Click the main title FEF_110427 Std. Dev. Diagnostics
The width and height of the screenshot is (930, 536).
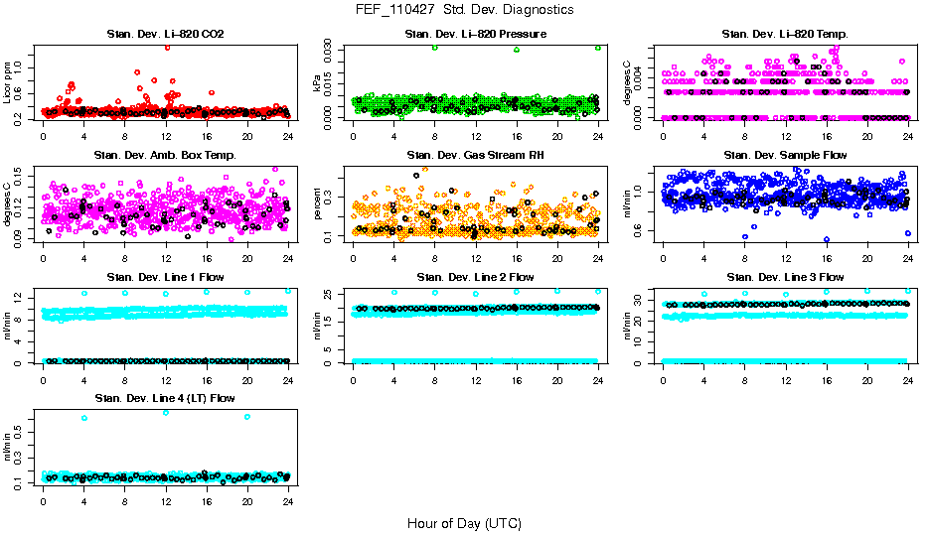464,10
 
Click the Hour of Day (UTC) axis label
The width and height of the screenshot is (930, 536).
464,522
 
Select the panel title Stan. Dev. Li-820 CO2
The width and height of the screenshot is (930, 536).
165,35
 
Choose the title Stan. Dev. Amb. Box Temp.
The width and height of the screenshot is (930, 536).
165,156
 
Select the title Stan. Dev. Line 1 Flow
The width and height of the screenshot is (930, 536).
165,277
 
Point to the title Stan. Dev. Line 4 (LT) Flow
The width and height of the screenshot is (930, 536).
165,398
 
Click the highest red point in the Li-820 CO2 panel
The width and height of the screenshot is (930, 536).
167,47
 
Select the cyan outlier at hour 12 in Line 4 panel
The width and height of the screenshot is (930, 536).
166,412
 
